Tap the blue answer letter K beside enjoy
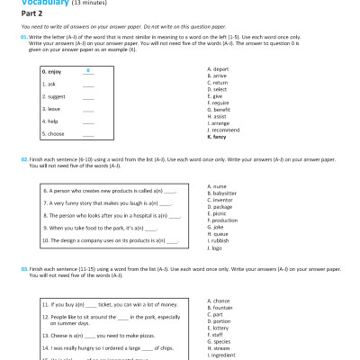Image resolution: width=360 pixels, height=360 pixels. pyautogui.click(x=87, y=69)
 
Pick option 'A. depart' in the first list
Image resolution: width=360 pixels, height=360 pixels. pyautogui.click(x=219, y=68)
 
